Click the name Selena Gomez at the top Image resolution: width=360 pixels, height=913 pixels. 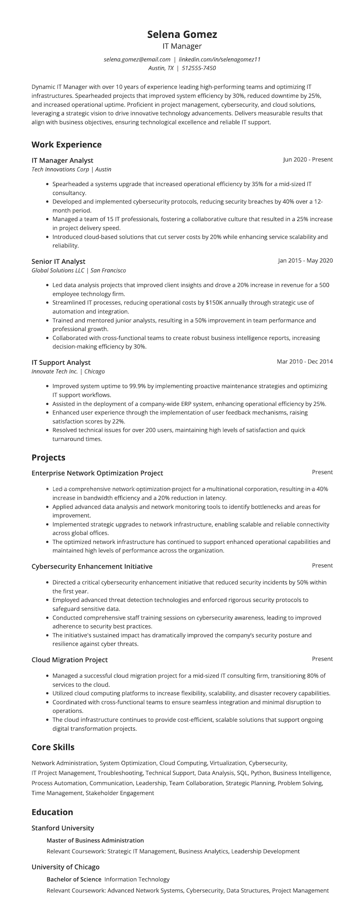point(182,34)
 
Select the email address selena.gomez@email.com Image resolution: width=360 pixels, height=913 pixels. point(137,59)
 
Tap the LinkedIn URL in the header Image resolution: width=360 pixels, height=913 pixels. point(220,59)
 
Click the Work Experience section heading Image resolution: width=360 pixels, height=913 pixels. point(67,145)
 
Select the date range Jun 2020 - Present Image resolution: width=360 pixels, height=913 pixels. point(308,159)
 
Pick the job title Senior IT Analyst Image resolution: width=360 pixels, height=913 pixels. point(58,262)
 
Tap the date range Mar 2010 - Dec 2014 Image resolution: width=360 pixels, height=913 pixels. point(305,362)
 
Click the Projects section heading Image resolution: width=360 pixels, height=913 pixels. point(48,457)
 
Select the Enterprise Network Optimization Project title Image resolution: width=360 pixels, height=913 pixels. point(97,473)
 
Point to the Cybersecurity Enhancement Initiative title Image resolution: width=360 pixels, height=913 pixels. point(92,566)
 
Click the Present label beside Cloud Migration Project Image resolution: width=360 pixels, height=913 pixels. point(322,659)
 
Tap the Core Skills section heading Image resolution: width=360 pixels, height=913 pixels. point(53,747)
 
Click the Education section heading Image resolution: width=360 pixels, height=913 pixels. point(52,812)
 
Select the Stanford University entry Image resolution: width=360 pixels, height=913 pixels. point(63,828)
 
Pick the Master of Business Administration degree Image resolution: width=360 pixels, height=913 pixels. point(95,841)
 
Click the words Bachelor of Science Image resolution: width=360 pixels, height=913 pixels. point(74,879)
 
